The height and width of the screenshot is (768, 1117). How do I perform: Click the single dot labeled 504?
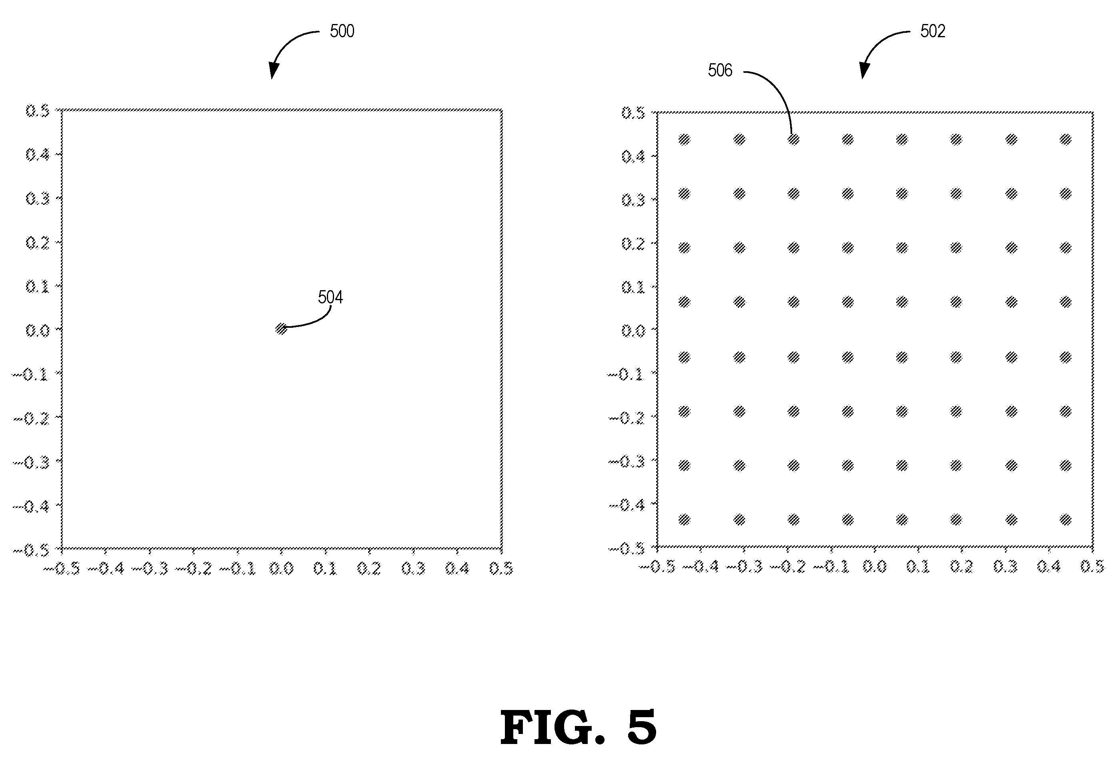tap(281, 329)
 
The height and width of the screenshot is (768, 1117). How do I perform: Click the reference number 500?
tap(342, 31)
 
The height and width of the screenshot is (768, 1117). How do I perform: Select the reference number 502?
tap(933, 31)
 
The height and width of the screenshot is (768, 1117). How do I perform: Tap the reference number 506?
tap(720, 71)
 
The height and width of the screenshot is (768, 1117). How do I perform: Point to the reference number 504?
tap(330, 297)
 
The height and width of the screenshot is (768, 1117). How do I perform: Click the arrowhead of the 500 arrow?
tap(273, 71)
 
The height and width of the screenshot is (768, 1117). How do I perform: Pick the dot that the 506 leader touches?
tap(794, 140)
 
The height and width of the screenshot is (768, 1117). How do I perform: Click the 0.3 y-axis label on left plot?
tap(38, 198)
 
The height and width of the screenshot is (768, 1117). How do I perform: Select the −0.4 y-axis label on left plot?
tap(31, 506)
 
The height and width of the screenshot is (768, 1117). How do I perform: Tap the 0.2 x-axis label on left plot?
tap(369, 569)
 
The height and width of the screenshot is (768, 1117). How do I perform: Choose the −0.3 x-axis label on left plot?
tap(150, 569)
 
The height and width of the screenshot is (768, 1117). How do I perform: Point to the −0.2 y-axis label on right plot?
tap(627, 418)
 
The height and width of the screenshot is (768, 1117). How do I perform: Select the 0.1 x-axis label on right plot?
tap(918, 567)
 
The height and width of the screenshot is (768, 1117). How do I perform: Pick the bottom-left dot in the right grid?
tap(684, 520)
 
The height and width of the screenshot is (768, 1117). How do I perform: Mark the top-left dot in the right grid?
tap(684, 140)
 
